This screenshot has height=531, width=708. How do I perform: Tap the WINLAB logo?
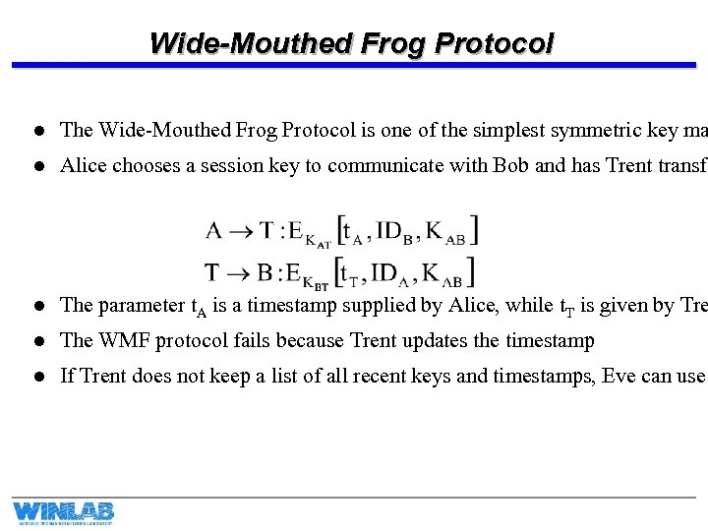point(63,512)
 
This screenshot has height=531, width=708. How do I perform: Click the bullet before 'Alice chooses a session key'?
point(37,166)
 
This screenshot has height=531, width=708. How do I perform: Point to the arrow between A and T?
point(242,231)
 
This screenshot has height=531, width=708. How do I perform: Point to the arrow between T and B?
point(242,270)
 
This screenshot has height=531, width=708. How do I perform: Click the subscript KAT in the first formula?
point(318,242)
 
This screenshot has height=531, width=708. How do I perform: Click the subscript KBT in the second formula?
point(318,282)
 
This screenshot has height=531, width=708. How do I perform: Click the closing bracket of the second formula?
point(472,271)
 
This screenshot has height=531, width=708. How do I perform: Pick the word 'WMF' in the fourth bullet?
point(118,340)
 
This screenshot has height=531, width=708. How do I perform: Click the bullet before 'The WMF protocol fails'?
point(37,341)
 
